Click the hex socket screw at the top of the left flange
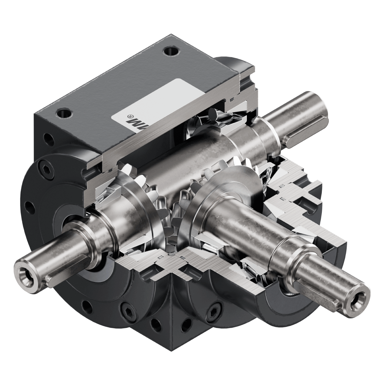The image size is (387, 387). (44, 166)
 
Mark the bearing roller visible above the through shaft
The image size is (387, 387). (213, 114)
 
